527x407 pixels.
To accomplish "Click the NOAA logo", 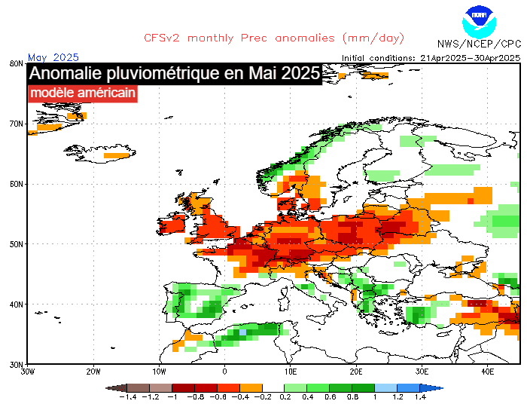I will point(479,21).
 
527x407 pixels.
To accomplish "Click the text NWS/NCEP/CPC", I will point(480,44).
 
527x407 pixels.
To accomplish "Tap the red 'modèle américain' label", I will point(83,93).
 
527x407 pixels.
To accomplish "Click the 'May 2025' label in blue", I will point(53,57).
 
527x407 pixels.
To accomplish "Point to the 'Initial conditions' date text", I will point(431,57).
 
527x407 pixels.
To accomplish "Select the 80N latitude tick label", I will point(14,63).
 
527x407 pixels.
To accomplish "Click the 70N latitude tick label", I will point(14,124).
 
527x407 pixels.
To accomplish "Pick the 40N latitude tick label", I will point(14,304).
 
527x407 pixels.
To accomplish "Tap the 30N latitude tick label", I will point(14,365).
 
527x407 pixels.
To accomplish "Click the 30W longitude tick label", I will point(27,372).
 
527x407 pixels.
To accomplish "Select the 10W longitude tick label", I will point(158,372).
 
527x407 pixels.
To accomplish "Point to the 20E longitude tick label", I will point(356,372).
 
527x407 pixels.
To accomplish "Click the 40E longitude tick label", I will point(487,372).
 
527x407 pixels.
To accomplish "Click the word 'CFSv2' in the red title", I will point(162,38).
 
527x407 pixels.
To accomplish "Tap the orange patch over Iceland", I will point(117,155).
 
